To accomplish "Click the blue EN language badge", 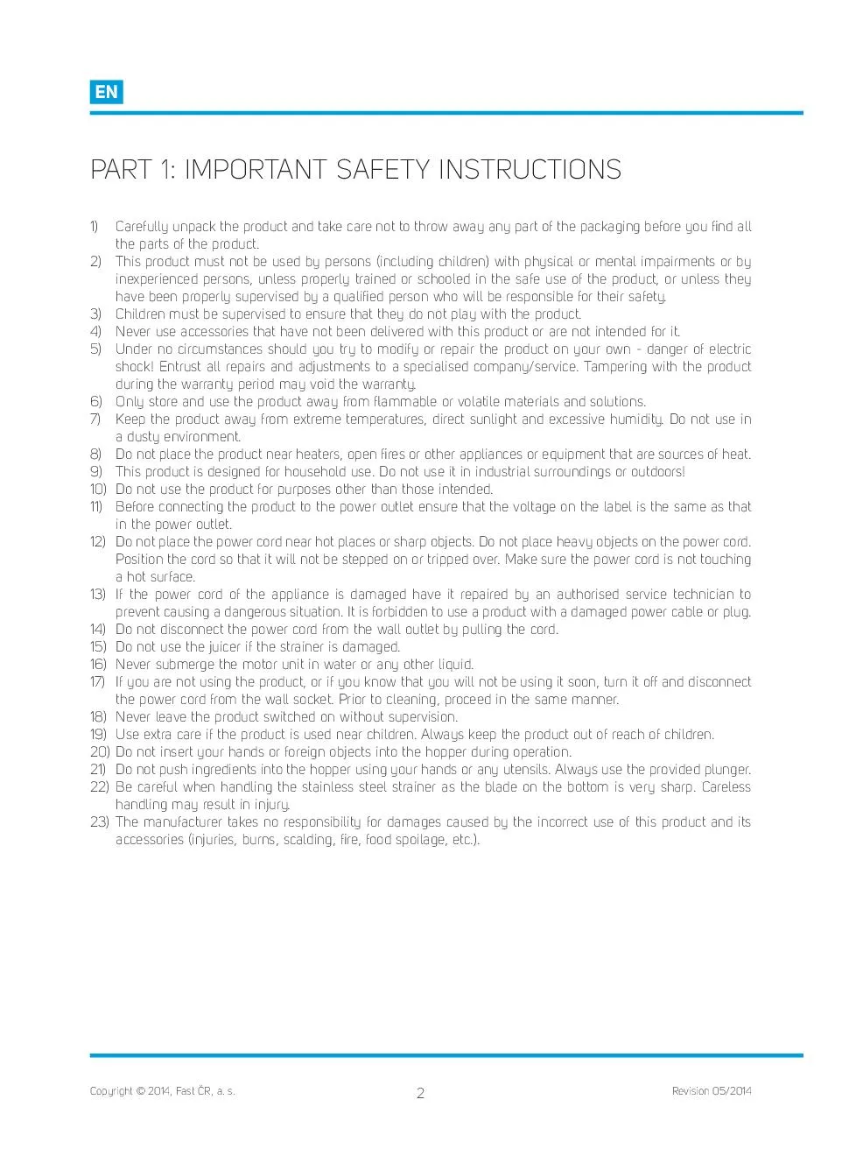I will (106, 92).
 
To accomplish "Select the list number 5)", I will (95, 349).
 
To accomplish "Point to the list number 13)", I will (97, 594).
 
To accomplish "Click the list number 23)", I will (99, 821).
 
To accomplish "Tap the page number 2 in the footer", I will (420, 1093).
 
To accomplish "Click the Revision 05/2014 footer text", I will (711, 1091).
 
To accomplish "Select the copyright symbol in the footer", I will (141, 1091).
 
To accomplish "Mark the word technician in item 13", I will (702, 594).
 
